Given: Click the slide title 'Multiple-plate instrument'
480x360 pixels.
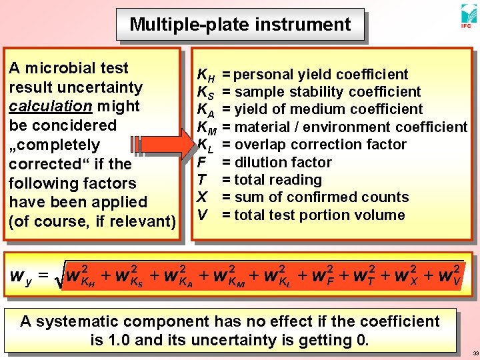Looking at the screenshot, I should tap(240, 25).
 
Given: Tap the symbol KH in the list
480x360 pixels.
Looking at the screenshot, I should tap(205, 75).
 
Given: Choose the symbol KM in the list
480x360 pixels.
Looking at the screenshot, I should tap(207, 127).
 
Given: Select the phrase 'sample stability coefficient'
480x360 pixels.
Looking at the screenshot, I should tap(327, 91).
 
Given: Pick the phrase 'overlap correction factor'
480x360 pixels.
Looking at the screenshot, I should tap(319, 145).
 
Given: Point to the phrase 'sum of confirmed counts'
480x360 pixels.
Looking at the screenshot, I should tap(321, 197).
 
